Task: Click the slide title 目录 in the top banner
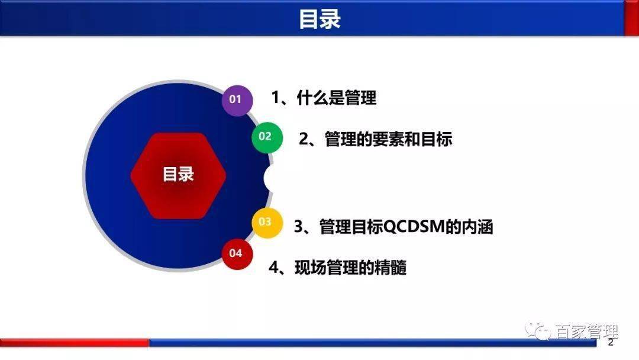pos(319,19)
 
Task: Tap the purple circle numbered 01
pos(237,99)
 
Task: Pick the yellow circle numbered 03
pos(266,222)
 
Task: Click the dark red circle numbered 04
pos(237,253)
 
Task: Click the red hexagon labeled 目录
pos(178,175)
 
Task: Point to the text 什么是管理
pos(337,98)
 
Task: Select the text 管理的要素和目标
pos(388,139)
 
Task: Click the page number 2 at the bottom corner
pos(611,343)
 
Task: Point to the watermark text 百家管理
pos(586,332)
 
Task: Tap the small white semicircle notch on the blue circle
pos(269,179)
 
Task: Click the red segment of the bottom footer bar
pos(74,342)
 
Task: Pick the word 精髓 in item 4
pos(392,268)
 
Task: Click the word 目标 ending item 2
pos(438,139)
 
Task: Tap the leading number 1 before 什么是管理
pos(275,98)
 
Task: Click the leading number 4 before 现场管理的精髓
pos(273,268)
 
